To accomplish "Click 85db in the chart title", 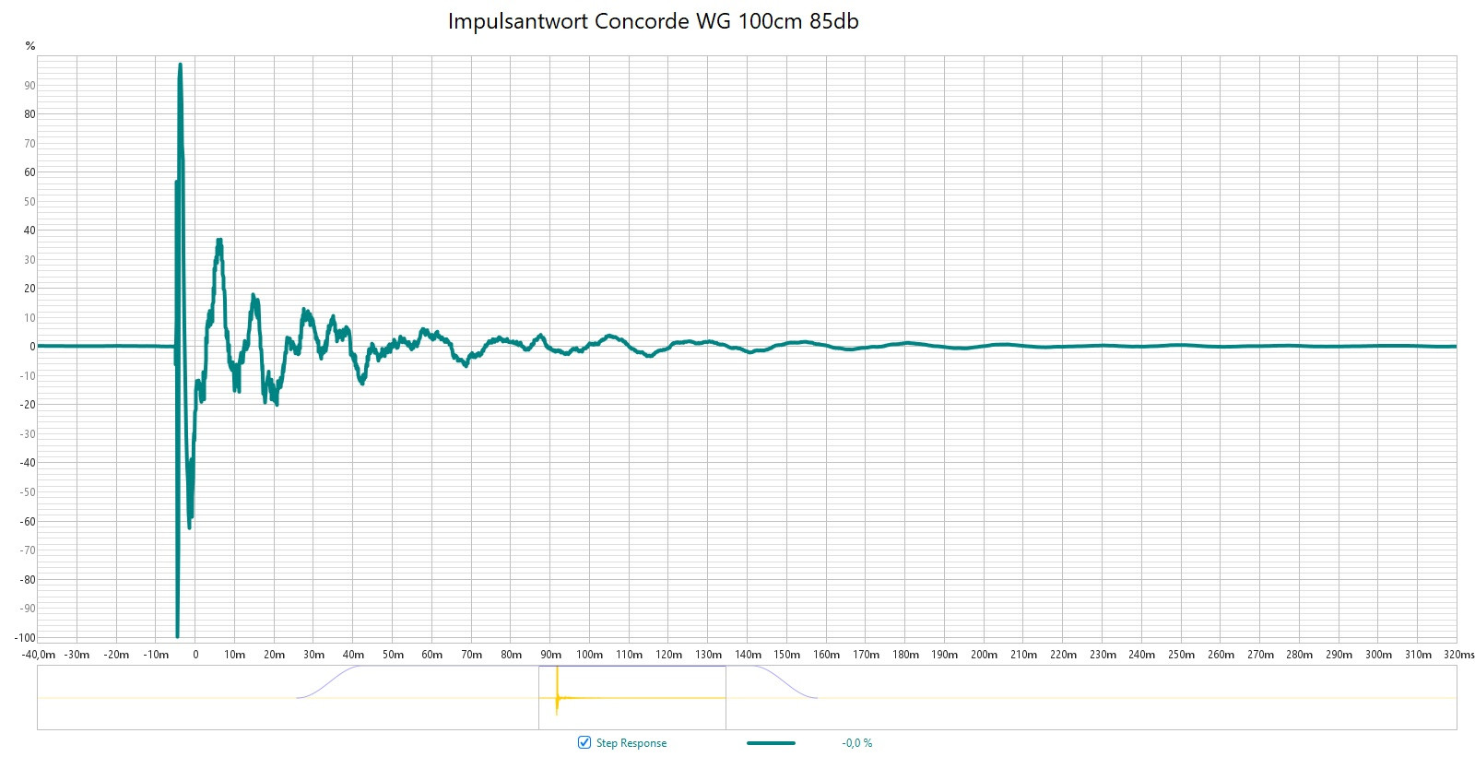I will (x=833, y=21).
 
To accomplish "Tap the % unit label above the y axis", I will (x=30, y=46).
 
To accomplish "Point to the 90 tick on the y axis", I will (x=30, y=86).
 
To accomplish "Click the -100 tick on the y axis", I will (x=26, y=637).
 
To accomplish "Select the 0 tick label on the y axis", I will (x=32, y=347).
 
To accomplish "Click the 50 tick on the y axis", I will (x=30, y=202).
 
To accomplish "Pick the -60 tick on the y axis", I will (x=29, y=521).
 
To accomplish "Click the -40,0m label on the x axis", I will (x=39, y=655).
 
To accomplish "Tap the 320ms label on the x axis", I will (x=1458, y=655).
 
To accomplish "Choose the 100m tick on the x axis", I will (x=590, y=655).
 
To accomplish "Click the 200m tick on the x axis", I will (x=984, y=655).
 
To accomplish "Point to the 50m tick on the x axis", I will (x=393, y=655).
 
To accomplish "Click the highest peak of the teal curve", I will (x=181, y=65).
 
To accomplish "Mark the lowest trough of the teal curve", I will (x=178, y=635).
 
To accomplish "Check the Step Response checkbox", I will (x=584, y=742).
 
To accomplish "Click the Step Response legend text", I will (x=631, y=743).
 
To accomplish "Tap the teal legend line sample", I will (x=771, y=743).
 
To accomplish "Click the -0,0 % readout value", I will (x=856, y=743).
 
